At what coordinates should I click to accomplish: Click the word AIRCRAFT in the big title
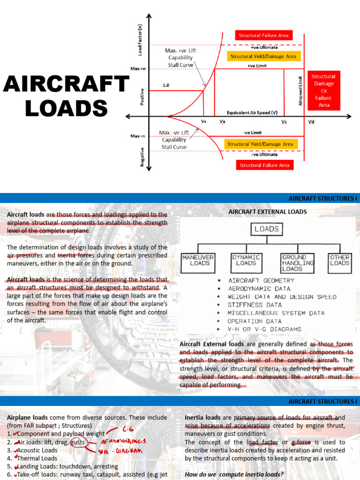(66, 84)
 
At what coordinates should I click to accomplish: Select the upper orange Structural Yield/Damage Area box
(263, 56)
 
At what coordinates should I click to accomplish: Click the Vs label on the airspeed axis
(204, 121)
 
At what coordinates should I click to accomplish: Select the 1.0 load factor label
(166, 86)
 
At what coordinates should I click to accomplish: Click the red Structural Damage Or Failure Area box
(323, 90)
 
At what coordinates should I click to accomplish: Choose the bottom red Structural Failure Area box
(264, 165)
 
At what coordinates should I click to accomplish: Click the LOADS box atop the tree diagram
(266, 229)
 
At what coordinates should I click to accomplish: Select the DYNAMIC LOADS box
(246, 260)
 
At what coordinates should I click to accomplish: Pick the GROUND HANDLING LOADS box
(297, 263)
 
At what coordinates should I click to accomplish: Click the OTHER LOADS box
(339, 260)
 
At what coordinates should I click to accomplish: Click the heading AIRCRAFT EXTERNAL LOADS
(267, 211)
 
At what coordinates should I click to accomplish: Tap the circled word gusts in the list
(78, 442)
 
